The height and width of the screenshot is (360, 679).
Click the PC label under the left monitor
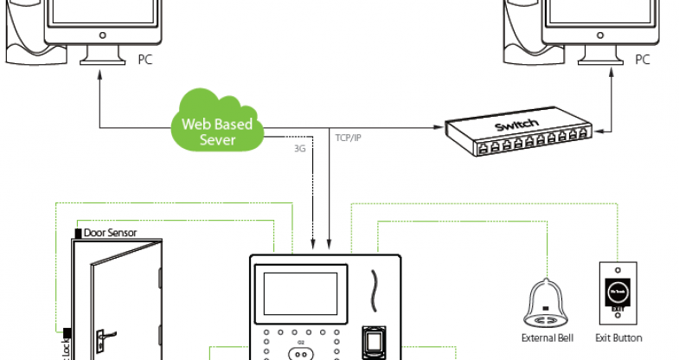(x=144, y=61)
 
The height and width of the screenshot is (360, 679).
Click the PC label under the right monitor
(x=642, y=61)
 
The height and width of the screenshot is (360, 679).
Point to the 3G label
(x=300, y=149)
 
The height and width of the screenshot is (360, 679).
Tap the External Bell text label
(x=544, y=337)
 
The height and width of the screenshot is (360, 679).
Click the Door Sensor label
(x=110, y=233)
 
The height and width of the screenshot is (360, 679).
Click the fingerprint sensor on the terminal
(x=374, y=342)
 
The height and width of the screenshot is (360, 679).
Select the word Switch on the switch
(x=516, y=125)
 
